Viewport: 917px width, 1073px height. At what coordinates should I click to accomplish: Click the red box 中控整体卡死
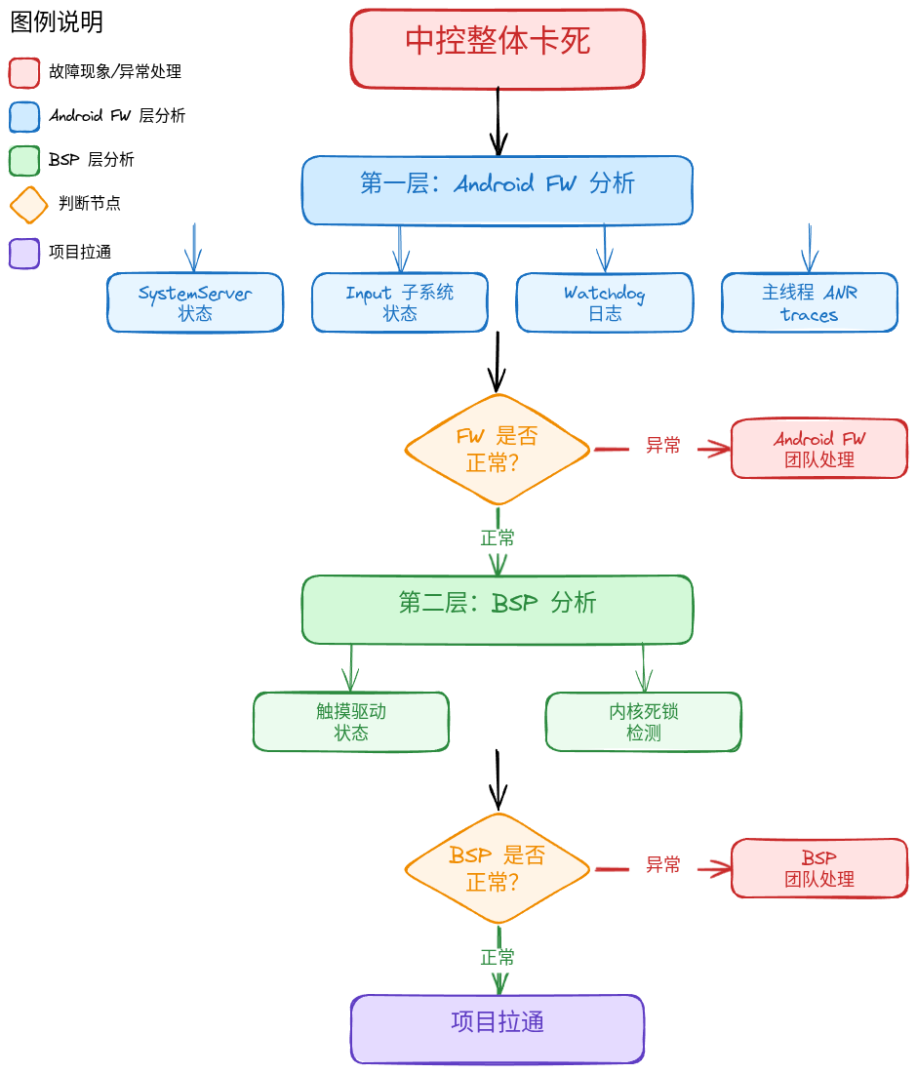(498, 49)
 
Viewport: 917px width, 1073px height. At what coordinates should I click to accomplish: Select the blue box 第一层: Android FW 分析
(498, 190)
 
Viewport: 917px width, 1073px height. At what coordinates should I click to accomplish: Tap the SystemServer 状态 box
(195, 302)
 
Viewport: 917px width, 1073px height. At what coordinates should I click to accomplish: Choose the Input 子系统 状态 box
(400, 302)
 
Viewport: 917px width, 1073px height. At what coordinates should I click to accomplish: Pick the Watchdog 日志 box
(605, 302)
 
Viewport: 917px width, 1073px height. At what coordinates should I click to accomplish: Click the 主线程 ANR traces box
(810, 302)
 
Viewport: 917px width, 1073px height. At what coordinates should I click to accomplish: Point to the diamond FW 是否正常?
(498, 450)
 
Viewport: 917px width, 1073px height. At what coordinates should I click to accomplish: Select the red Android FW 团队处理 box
(819, 449)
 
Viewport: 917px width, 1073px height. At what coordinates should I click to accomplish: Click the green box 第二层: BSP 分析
(498, 610)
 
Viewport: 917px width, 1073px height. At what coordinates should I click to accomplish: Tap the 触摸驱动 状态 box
(351, 722)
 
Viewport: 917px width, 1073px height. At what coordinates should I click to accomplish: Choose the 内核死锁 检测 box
(643, 722)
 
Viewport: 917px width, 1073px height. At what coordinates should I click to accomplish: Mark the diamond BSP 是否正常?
(498, 869)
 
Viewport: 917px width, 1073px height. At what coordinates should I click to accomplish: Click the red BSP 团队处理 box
(819, 868)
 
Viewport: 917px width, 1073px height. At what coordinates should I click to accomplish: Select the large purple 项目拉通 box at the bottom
(498, 1029)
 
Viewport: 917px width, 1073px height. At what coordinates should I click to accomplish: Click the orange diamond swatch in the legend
(28, 205)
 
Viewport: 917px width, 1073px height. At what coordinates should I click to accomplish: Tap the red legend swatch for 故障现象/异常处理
(24, 73)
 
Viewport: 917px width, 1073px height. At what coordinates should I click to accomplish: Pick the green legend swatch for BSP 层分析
(24, 161)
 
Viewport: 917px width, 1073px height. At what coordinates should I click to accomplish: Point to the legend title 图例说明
(57, 21)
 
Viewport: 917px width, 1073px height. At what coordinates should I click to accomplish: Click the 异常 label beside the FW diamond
(663, 446)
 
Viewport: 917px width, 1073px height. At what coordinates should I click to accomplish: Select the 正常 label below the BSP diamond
(498, 957)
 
